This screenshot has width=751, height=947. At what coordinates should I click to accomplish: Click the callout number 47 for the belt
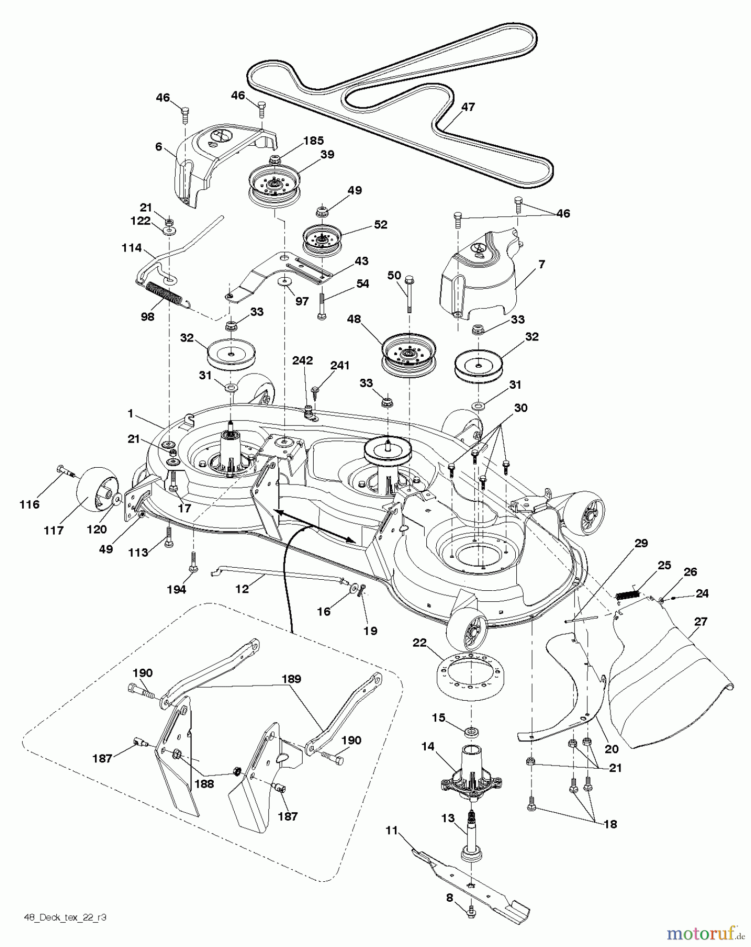(x=467, y=107)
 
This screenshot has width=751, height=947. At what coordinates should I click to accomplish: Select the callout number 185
(x=313, y=141)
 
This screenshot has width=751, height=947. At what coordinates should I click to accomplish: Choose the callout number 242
(x=303, y=360)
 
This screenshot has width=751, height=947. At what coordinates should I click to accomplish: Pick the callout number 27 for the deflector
(x=700, y=621)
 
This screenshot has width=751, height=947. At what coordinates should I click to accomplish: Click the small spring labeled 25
(x=627, y=595)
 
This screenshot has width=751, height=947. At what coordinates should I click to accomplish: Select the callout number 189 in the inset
(x=291, y=679)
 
